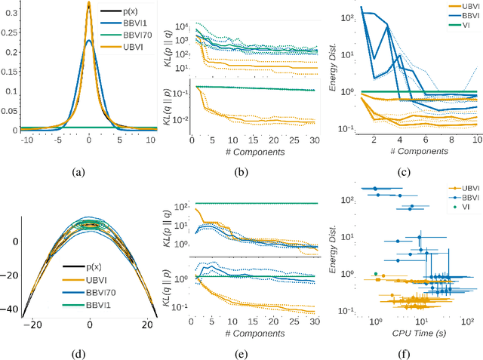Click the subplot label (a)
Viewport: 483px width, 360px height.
pyautogui.click(x=78, y=172)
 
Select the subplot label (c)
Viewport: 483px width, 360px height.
pyautogui.click(x=406, y=172)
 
